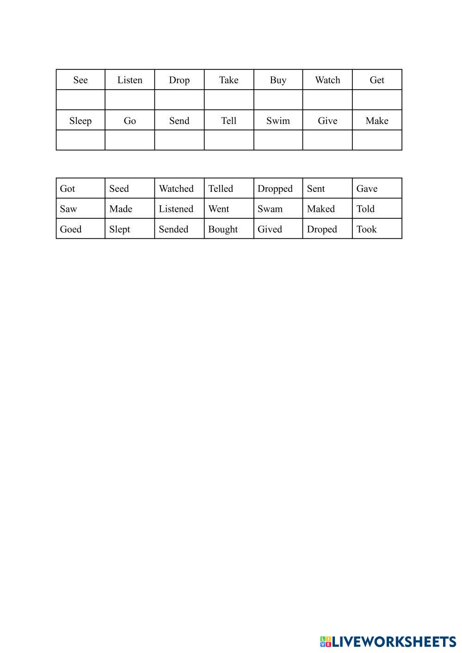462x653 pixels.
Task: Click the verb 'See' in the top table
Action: pyautogui.click(x=80, y=80)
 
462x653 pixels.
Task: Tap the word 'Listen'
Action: pyautogui.click(x=129, y=80)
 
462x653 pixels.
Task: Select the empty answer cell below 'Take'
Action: pyautogui.click(x=229, y=100)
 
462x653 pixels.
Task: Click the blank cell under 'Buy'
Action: pyautogui.click(x=278, y=100)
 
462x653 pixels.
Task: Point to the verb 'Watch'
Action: pyautogui.click(x=327, y=80)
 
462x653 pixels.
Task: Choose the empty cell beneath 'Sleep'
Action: pyautogui.click(x=80, y=140)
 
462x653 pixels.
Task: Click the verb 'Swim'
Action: pyautogui.click(x=278, y=121)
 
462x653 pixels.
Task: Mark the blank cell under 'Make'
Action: pyautogui.click(x=377, y=140)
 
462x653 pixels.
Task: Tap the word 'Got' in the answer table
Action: pyautogui.click(x=68, y=189)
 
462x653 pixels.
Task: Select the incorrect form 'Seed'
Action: pyautogui.click(x=119, y=189)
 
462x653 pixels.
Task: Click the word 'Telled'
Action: pyautogui.click(x=221, y=189)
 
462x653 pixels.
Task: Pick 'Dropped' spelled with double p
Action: pyautogui.click(x=275, y=189)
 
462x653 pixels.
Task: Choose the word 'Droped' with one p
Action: pyautogui.click(x=322, y=229)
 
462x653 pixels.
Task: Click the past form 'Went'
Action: pyautogui.click(x=218, y=209)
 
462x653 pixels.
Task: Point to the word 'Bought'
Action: pyautogui.click(x=223, y=229)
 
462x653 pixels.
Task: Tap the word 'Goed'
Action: pyautogui.click(x=71, y=229)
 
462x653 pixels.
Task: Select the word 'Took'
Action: pyautogui.click(x=366, y=229)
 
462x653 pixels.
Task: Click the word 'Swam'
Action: pyautogui.click(x=270, y=209)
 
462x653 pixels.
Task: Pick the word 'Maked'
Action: pyautogui.click(x=320, y=209)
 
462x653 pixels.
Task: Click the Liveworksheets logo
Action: pyautogui.click(x=388, y=641)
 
